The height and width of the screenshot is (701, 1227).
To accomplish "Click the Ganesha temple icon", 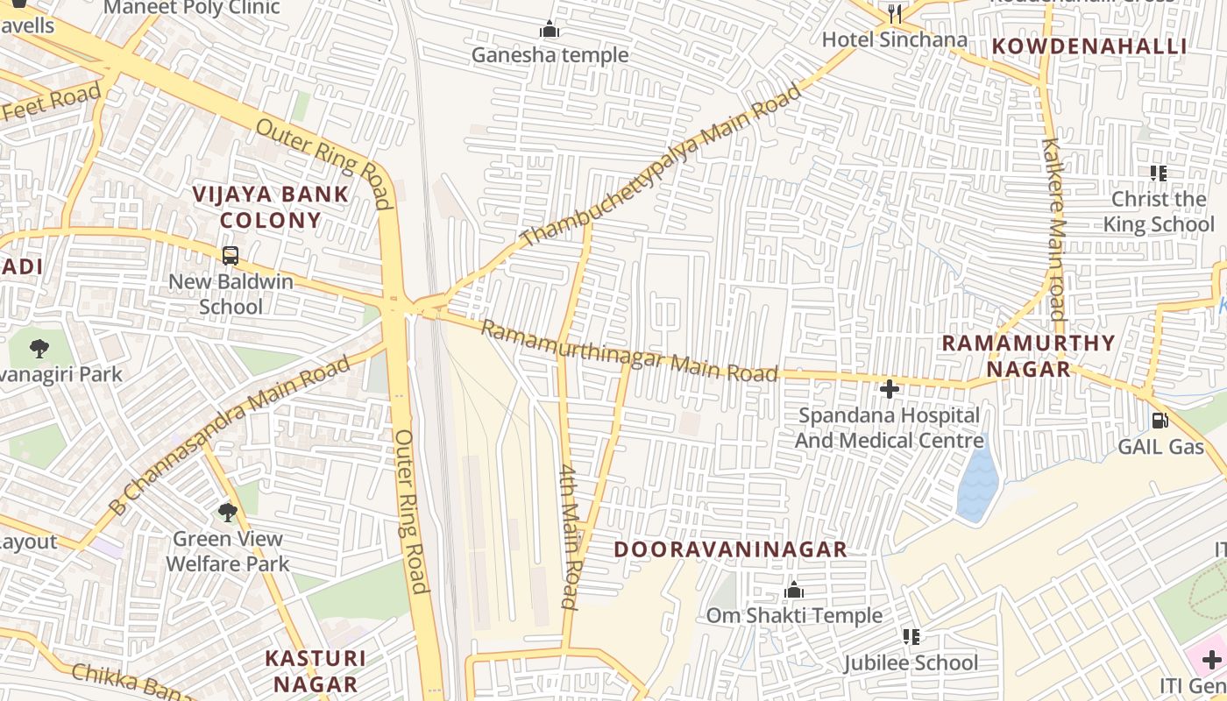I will point(550,30).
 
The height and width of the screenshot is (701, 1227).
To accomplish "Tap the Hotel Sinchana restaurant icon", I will point(894,13).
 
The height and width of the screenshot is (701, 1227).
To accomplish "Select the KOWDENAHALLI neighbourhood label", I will point(1089,46).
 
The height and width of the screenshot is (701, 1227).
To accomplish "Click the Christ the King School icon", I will point(1159,173).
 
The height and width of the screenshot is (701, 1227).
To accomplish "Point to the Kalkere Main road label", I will point(1054,230).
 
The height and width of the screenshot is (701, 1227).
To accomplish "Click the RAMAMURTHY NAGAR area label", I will point(1028,356).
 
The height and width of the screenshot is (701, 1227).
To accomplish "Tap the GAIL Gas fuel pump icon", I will point(1160,421).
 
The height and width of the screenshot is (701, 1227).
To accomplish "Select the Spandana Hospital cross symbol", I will point(890,388).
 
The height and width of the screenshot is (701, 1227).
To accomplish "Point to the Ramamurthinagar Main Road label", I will point(628,351).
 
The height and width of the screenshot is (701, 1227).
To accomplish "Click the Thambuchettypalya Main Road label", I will point(661,165).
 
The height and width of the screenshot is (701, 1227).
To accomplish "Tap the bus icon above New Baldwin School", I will point(230,256).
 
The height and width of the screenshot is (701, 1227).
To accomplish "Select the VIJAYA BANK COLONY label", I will point(270,207).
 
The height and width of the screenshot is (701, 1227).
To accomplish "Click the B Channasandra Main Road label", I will point(229,434).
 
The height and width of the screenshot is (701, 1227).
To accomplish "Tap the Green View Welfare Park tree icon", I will point(227,512).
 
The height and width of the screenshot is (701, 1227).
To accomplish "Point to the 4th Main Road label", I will point(570,536).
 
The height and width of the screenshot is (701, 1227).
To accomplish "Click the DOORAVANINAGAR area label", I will point(730,549).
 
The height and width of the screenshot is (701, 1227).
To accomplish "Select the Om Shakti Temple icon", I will point(794,591).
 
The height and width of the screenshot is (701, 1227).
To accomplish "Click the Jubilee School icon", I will point(911,637).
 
